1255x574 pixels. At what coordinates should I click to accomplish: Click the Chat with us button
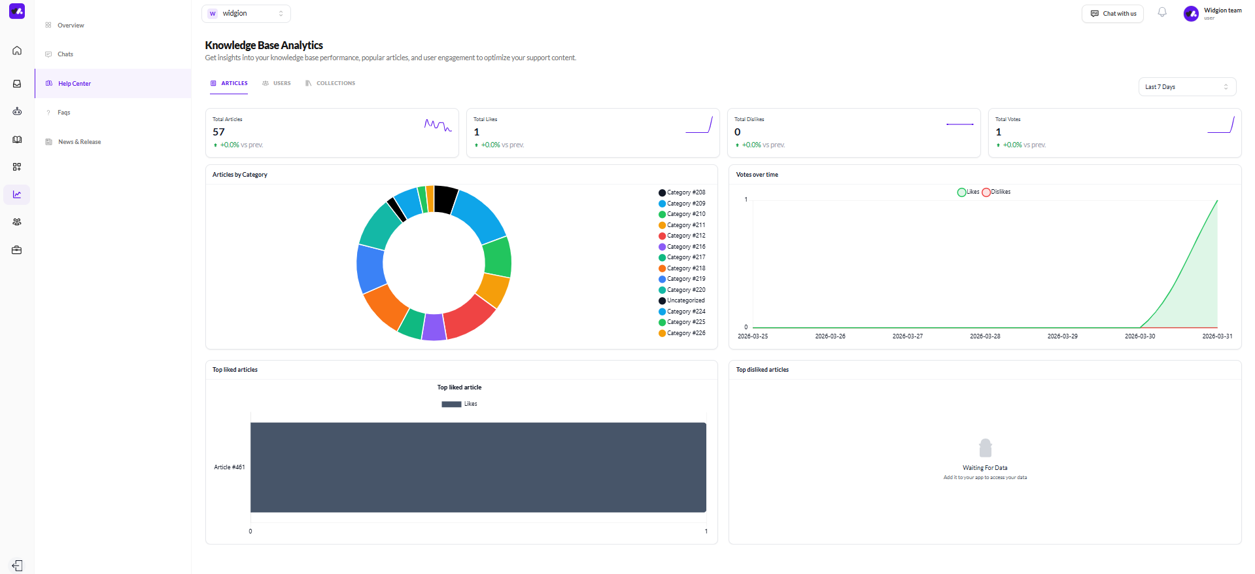point(1112,14)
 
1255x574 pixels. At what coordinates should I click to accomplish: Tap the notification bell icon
point(1162,12)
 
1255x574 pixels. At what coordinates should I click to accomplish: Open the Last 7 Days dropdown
point(1187,87)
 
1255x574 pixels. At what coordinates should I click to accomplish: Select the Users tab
point(277,83)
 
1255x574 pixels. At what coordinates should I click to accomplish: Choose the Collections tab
point(330,83)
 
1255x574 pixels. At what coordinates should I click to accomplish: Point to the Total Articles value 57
point(218,132)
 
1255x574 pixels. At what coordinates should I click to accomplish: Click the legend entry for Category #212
point(682,236)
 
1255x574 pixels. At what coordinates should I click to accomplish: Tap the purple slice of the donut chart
point(434,328)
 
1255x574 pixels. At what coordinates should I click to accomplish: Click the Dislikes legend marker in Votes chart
point(986,192)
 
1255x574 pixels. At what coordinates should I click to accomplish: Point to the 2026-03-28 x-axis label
point(985,336)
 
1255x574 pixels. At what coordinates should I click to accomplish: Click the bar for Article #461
point(478,467)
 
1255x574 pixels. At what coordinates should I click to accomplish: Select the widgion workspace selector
point(246,14)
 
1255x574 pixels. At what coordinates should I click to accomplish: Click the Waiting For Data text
point(985,468)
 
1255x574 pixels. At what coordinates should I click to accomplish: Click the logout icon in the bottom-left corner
point(17,565)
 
